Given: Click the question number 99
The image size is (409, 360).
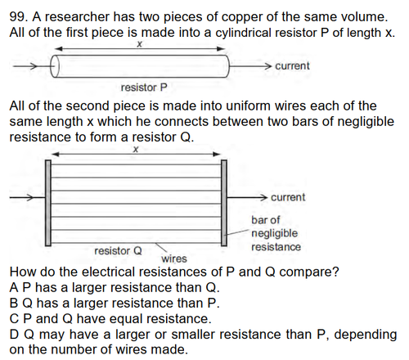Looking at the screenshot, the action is pos(17,17).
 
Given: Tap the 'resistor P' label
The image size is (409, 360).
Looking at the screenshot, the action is pos(144,88).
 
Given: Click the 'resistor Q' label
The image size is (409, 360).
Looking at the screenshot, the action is pos(118,251).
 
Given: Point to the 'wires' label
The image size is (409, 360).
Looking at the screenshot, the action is pos(174,259).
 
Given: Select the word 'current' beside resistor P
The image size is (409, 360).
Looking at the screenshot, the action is pos(292,66).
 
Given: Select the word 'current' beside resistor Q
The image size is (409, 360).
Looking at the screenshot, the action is pos(288,197).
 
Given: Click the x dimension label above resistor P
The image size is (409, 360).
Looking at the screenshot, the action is pos(139,44).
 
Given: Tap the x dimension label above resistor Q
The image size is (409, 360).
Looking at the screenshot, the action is pos(136,149).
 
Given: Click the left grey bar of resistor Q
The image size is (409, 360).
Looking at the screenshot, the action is pos(48,203).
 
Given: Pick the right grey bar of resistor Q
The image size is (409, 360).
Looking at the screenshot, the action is pos(223,203).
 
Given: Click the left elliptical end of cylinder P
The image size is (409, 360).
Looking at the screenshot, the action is pos(55,66).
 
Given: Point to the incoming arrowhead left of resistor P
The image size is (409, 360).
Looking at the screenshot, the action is pos(34,66).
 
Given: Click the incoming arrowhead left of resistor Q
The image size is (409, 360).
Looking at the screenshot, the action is pos(29,197).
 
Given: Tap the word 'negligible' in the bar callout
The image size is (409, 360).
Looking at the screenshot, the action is pos(274,233).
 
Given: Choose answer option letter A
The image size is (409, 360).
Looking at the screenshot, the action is pos(14,287).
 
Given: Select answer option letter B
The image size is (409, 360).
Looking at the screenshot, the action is pos(14,303).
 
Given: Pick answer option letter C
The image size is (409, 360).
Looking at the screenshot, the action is pos(14,318).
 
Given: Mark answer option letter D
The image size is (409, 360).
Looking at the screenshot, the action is pos(14,335).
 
